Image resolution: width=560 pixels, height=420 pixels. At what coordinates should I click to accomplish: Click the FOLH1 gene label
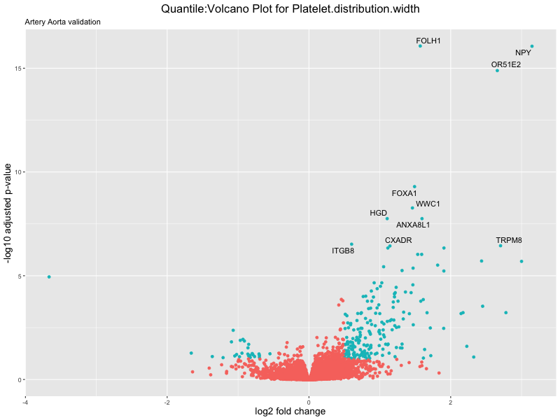[428, 41]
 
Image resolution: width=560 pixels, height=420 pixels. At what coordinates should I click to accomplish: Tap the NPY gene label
[523, 53]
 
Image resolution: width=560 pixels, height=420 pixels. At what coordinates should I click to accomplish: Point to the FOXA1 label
[404, 193]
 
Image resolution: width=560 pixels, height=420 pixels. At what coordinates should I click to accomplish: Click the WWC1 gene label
[428, 204]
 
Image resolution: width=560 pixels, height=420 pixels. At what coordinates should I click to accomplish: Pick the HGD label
[378, 213]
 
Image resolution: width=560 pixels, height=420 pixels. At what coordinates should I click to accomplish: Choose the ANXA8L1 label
[413, 225]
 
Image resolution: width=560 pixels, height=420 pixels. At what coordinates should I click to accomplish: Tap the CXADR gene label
[398, 241]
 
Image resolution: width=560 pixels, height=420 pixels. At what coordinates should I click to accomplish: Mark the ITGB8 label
[343, 251]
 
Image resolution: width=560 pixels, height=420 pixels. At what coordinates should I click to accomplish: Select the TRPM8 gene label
[509, 241]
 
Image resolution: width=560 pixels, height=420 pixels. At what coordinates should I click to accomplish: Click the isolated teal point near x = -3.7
[49, 276]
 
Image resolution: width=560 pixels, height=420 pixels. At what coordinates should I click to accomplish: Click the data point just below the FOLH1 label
[420, 46]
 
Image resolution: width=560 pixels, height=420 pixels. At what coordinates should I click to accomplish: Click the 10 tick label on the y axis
[16, 172]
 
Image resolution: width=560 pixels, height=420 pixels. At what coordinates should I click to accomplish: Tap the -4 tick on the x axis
[26, 402]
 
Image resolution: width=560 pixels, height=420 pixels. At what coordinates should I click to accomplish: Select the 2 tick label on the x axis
[450, 402]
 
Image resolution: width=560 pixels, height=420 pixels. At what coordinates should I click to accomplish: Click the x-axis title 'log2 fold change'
[290, 412]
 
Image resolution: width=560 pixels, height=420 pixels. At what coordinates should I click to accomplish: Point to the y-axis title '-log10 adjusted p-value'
[8, 213]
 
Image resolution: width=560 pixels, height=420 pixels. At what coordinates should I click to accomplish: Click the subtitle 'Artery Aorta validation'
[62, 22]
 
